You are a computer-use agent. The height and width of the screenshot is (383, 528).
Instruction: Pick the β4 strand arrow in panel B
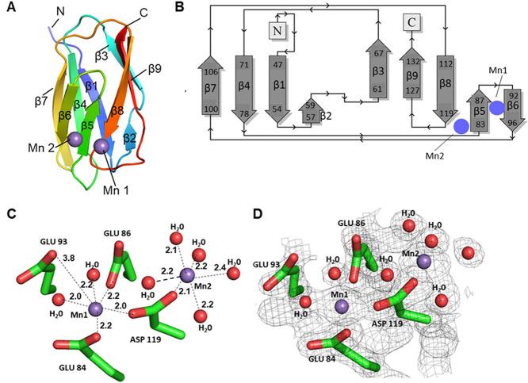pyautogui.click(x=244, y=90)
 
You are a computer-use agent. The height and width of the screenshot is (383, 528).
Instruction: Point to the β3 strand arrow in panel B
pyautogui.click(x=377, y=77)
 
